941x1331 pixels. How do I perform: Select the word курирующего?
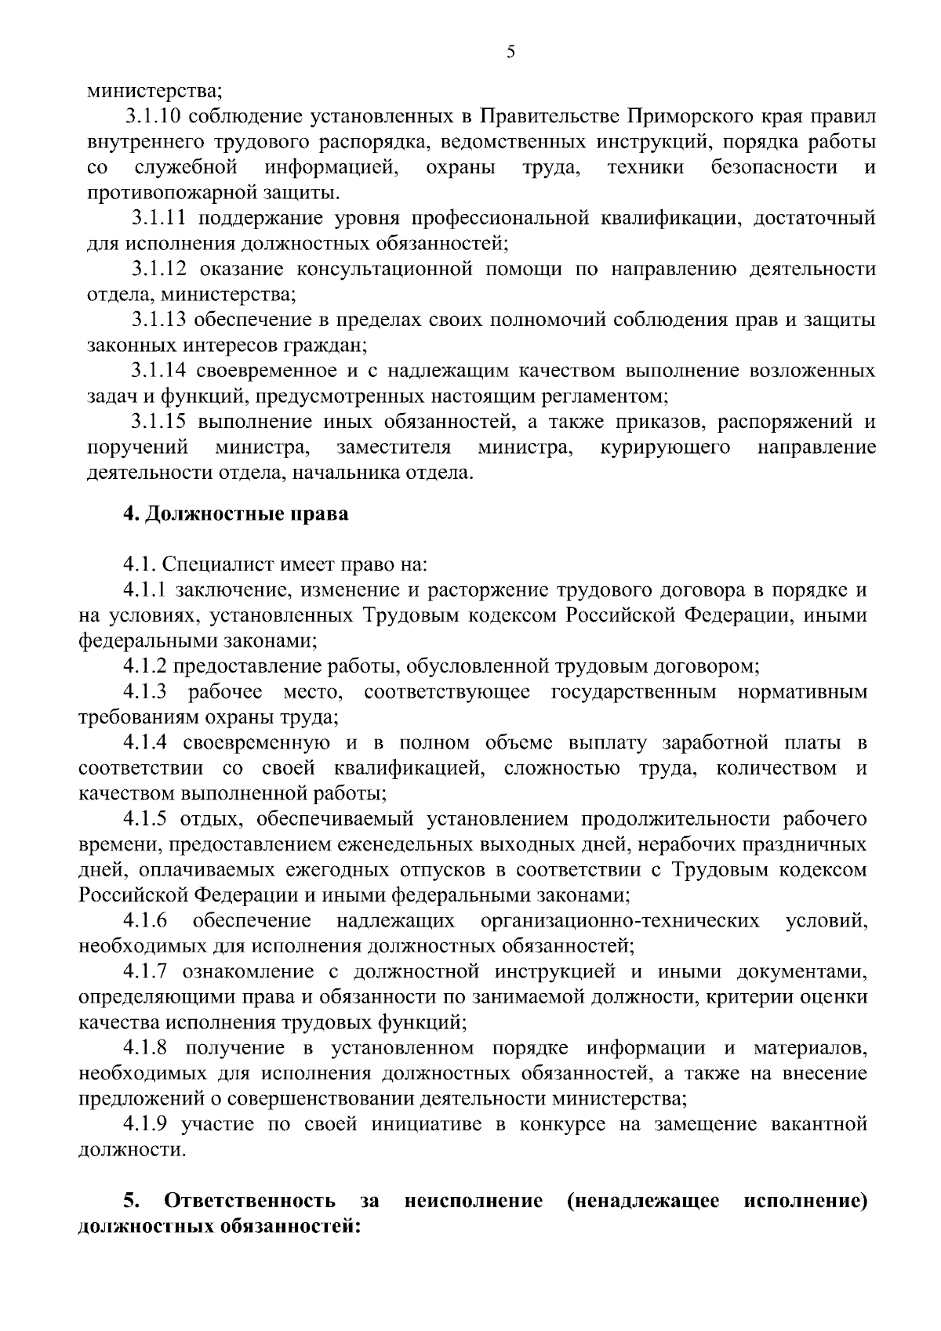point(666,448)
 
